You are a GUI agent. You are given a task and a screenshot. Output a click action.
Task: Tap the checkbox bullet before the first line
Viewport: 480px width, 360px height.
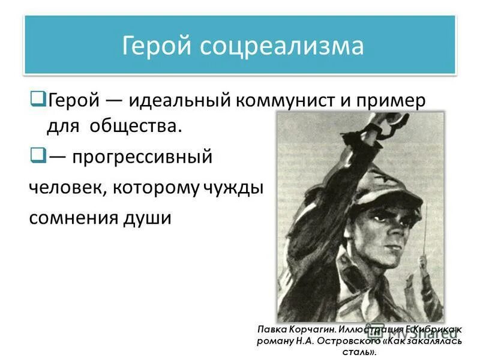(x=37, y=96)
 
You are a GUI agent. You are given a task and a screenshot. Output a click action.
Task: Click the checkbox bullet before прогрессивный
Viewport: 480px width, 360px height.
(x=37, y=157)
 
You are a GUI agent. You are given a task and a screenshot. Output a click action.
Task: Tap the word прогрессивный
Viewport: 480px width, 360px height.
(x=142, y=158)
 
